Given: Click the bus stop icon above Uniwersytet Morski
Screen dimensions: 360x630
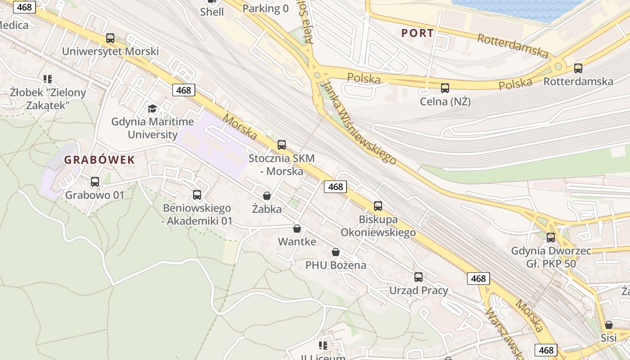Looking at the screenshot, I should (x=110, y=38).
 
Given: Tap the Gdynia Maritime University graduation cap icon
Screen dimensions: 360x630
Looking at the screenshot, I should (x=152, y=108).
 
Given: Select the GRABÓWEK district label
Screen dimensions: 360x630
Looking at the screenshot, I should (x=99, y=160).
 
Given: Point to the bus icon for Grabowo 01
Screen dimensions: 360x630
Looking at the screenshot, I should (x=95, y=182).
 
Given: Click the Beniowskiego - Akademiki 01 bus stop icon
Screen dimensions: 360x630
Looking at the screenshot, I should (x=197, y=195).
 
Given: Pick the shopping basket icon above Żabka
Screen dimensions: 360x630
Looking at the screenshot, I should (x=267, y=196).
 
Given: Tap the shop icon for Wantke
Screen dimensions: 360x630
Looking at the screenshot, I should (x=297, y=229).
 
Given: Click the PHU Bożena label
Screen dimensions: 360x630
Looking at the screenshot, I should (x=336, y=265).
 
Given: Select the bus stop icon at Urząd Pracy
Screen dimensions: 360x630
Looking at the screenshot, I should (x=418, y=277).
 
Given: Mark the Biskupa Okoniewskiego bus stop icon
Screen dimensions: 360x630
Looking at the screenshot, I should (x=378, y=206).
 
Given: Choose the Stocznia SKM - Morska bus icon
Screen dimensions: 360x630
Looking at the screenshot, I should (x=282, y=145).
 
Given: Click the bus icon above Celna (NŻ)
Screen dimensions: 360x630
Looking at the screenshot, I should (x=445, y=88).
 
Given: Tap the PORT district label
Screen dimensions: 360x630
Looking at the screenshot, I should (x=418, y=33).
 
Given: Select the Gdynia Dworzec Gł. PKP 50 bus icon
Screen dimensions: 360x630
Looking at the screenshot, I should (x=551, y=238).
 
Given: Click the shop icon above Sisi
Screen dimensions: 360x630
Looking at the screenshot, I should (x=609, y=325).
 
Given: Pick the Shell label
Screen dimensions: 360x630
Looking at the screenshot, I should (x=212, y=12).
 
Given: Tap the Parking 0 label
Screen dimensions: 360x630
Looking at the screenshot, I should (x=265, y=8).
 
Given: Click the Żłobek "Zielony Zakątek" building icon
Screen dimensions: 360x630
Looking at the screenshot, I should (x=48, y=79).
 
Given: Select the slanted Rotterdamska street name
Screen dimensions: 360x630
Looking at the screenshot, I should (x=513, y=45).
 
